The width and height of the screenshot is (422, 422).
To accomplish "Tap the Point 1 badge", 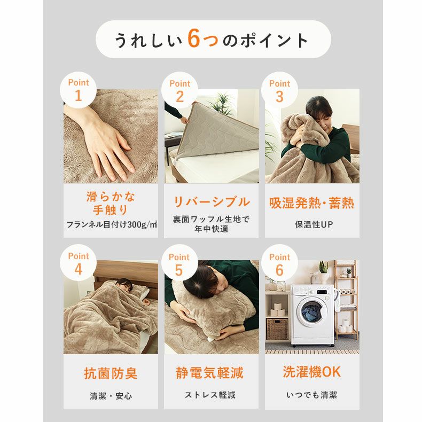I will tap(79, 90).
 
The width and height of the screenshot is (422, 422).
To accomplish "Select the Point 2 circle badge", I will tap(179, 90).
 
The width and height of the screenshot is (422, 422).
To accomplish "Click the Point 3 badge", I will tap(279, 90).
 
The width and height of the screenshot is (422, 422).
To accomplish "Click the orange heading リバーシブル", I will tap(211, 202).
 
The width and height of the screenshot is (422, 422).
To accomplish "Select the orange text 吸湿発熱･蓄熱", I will tap(311, 204).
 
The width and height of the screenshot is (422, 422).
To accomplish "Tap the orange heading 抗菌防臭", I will tap(111, 373).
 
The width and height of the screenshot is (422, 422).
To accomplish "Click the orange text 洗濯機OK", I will tap(311, 372).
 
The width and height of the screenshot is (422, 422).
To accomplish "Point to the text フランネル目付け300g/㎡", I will tap(111, 224).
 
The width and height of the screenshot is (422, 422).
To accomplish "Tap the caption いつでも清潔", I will tap(311, 396).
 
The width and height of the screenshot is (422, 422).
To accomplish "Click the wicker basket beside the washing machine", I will tap(277, 329).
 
